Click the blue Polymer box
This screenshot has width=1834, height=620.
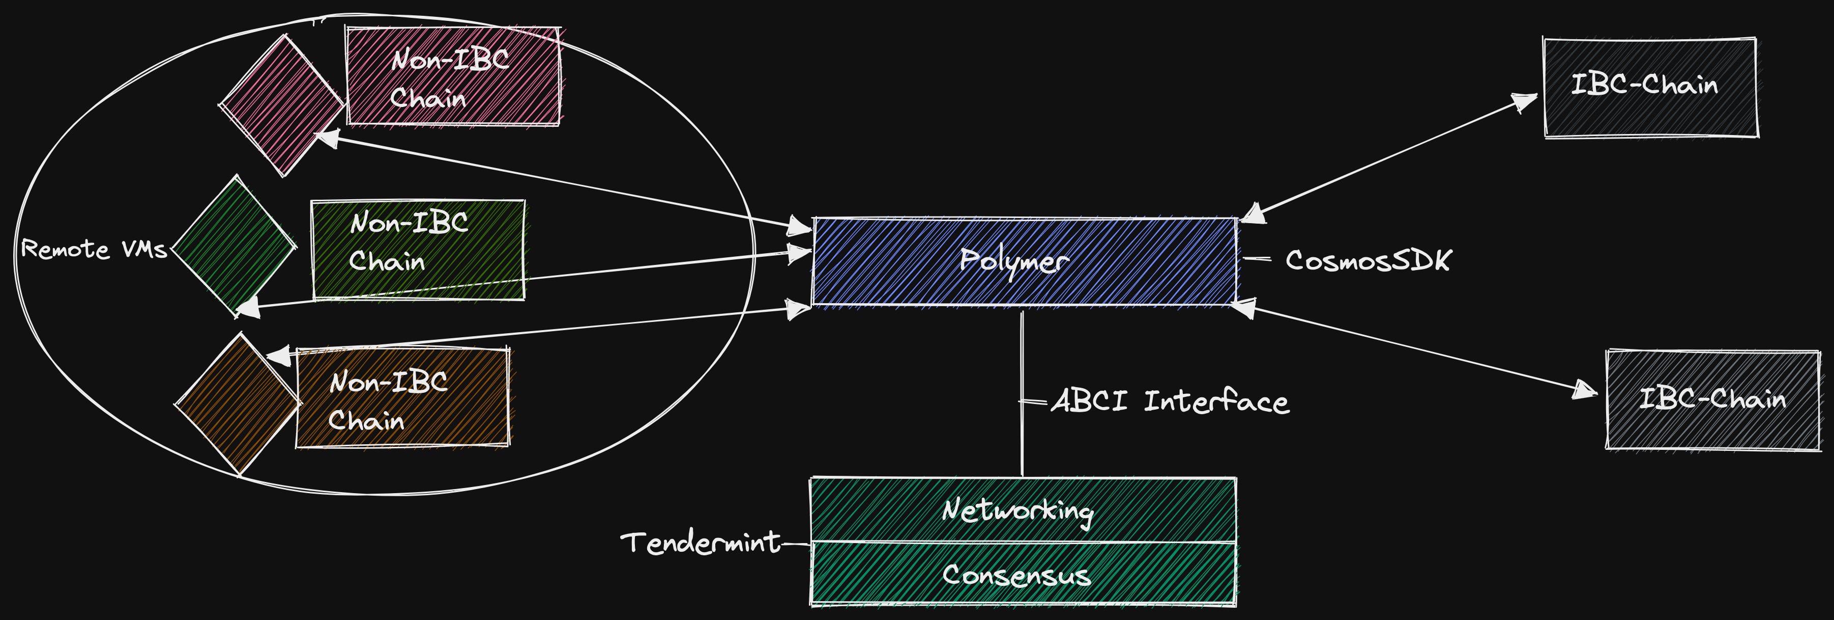pyautogui.click(x=1025, y=261)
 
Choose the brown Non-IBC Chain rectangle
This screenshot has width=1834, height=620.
pyautogui.click(x=403, y=398)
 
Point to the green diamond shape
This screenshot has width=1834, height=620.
pyautogui.click(x=234, y=247)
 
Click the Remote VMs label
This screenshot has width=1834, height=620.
pyautogui.click(x=94, y=250)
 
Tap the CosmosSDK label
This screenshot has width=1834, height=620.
pyautogui.click(x=1367, y=260)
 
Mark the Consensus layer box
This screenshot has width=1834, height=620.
pyautogui.click(x=1023, y=574)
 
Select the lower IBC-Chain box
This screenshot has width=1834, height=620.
pyautogui.click(x=1713, y=399)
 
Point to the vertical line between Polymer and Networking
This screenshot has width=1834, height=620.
pyautogui.click(x=1023, y=393)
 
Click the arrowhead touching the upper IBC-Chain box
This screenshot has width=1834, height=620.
pyautogui.click(x=1524, y=102)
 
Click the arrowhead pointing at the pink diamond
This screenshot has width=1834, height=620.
pyautogui.click(x=328, y=137)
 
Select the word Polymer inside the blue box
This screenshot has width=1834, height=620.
pyautogui.click(x=1014, y=261)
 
